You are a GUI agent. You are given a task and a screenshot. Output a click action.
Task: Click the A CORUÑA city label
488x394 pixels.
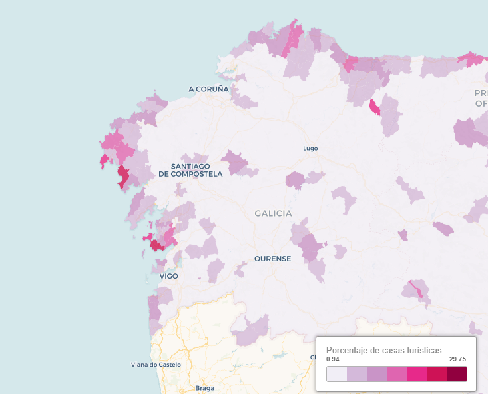pos(208,89)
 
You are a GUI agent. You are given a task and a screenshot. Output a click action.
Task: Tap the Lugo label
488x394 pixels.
pos(310,148)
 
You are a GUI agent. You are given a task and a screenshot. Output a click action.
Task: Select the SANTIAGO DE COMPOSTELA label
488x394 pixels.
pos(190,170)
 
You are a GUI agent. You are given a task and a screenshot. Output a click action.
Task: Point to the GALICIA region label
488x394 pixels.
pos(273,213)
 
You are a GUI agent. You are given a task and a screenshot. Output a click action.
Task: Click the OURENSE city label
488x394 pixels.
pos(272,259)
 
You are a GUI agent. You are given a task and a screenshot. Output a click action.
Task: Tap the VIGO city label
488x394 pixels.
pos(169,275)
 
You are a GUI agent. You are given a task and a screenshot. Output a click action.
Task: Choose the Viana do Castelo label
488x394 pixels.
pos(156,365)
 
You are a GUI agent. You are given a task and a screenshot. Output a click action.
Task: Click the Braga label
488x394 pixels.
pos(205,387)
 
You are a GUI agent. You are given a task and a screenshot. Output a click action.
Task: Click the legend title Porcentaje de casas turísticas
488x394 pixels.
pos(383,350)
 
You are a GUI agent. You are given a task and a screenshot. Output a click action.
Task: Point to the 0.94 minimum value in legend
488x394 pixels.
pos(333,359)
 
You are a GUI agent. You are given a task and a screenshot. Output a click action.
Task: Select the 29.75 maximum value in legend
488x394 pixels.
pos(457,359)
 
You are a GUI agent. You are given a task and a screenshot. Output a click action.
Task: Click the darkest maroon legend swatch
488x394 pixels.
pos(457,374)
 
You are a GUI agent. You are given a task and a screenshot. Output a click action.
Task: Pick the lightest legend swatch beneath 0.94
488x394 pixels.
pos(336,374)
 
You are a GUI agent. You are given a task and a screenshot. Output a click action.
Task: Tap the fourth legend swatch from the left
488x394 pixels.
pos(397,374)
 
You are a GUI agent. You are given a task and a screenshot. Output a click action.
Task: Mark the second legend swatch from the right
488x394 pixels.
pos(437,374)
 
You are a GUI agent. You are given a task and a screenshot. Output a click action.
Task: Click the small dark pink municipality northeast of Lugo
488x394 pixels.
pos(375,107)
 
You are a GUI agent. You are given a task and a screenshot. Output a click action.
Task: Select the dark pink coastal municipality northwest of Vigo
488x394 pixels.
pos(157,245)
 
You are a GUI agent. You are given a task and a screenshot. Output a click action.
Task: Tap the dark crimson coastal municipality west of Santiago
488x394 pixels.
pos(123,177)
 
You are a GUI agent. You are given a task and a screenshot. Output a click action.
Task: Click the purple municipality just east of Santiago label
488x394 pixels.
pos(234,161)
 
